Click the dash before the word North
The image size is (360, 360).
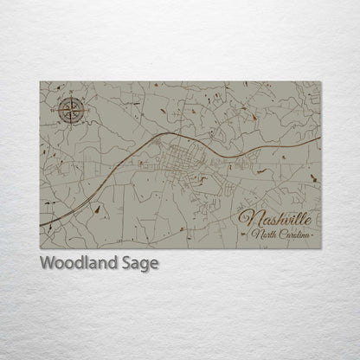tap(247, 235)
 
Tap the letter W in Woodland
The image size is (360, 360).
tap(47, 262)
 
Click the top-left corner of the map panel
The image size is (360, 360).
tap(41, 83)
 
